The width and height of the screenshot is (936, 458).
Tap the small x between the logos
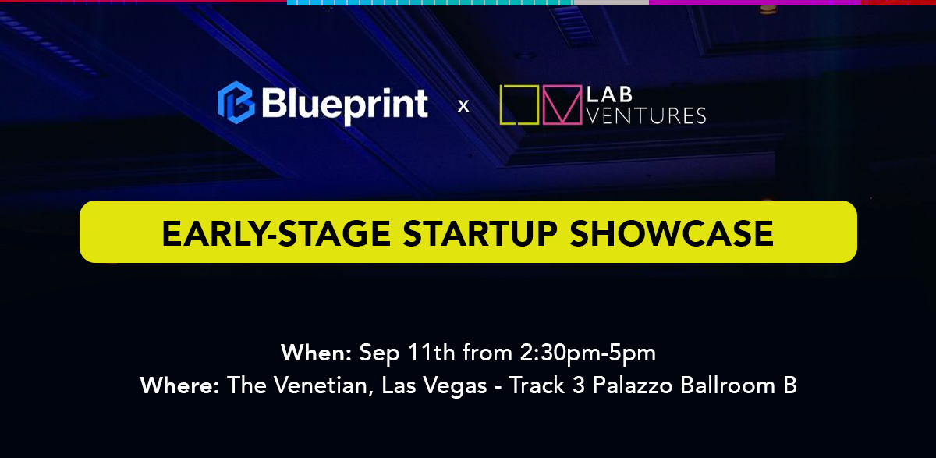pyautogui.click(x=463, y=105)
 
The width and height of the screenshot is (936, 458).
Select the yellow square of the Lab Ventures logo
pyautogui.click(x=519, y=105)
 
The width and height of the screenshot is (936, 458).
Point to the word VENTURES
pyautogui.click(x=646, y=116)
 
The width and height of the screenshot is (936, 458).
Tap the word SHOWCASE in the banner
pyautogui.click(x=668, y=233)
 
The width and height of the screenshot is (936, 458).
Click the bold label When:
pyautogui.click(x=317, y=353)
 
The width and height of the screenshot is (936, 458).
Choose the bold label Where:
pyautogui.click(x=180, y=385)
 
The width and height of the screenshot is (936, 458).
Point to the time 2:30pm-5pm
pyautogui.click(x=587, y=353)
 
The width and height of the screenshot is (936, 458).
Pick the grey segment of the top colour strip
pyautogui.click(x=611, y=2)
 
